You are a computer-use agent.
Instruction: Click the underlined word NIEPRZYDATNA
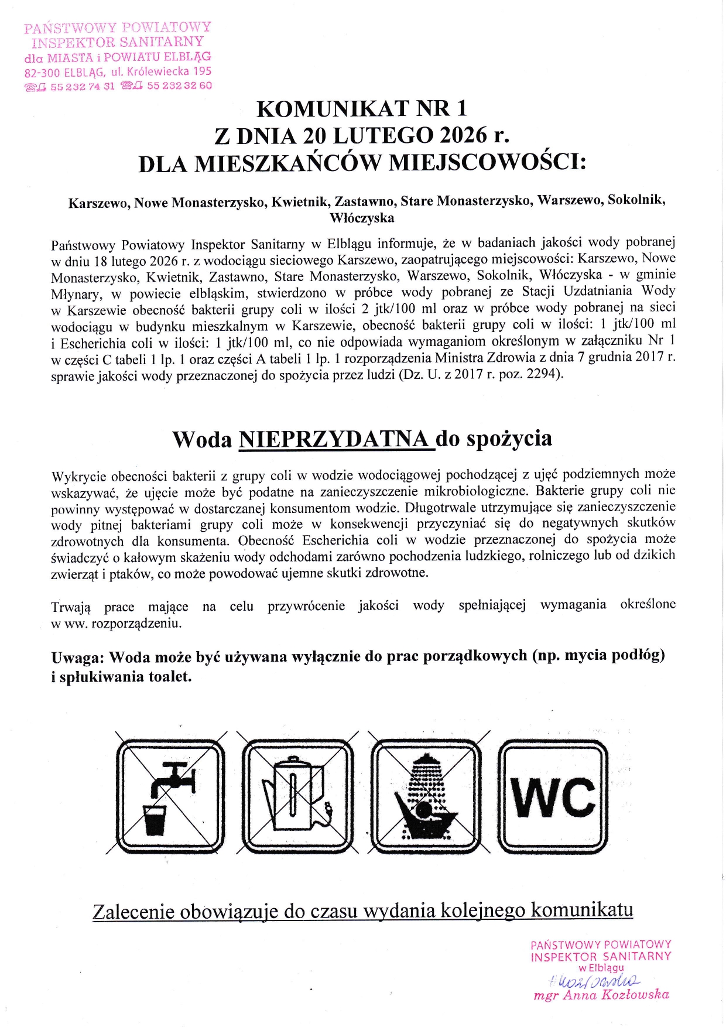pos(336,439)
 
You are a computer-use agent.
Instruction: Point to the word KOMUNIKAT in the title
pos(332,109)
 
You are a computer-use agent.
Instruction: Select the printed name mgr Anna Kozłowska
pos(601,995)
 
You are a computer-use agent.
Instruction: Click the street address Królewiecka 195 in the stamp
pos(169,71)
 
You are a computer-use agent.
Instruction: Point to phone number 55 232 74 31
pos(83,87)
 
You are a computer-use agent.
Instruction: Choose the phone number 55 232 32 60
pos(179,85)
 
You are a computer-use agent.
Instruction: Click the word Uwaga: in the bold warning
pos(77,658)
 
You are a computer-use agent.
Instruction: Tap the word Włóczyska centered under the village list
pos(362,218)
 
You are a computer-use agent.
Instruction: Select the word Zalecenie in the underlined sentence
pos(133,912)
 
